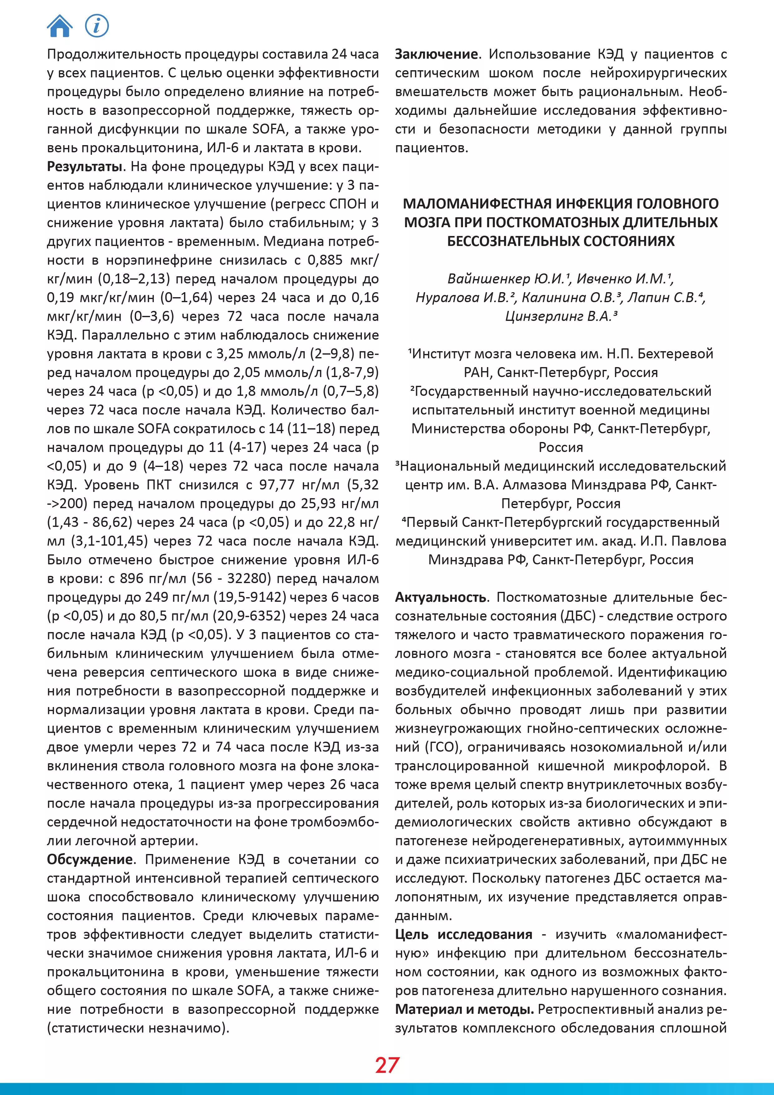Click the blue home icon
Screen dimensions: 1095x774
(x=60, y=26)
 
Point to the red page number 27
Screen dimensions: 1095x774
(x=387, y=1065)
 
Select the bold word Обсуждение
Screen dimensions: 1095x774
(x=90, y=859)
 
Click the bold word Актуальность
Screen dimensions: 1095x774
(x=441, y=597)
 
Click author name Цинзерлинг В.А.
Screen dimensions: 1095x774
(x=561, y=316)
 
